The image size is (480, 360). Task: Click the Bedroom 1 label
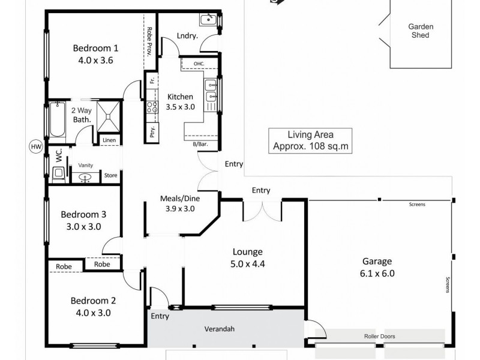[x=95, y=49]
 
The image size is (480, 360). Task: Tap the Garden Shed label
[x=421, y=31]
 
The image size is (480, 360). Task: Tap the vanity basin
[x=85, y=176]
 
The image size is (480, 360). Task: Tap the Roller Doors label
[x=379, y=337]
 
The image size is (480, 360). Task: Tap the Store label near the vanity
[x=110, y=176]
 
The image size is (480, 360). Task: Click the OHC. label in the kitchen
[x=199, y=64]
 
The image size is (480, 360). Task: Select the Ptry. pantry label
[x=152, y=130]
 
